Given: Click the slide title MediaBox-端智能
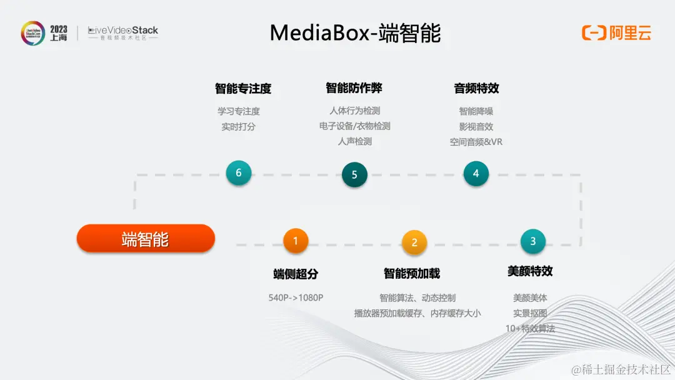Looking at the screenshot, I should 355,32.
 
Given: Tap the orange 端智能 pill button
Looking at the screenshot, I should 146,239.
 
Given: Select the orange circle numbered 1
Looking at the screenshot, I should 296,240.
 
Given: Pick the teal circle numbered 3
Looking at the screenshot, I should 532,241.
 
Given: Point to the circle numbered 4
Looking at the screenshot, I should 476,174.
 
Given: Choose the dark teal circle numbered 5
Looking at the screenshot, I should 354,175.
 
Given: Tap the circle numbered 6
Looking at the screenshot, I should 239,173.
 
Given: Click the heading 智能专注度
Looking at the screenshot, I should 243,89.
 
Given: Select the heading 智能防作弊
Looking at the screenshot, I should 354,87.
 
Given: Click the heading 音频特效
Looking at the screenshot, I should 476,88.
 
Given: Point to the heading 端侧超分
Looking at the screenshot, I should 296,274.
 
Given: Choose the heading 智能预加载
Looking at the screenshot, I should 412,273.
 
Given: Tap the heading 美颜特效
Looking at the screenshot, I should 530,271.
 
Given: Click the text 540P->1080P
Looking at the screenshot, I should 296,297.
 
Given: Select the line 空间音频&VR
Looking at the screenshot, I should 476,142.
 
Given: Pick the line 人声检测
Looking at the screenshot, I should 354,141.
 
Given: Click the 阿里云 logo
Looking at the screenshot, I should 617,32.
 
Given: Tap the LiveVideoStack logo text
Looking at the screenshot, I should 123,31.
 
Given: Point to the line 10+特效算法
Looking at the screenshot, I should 530,328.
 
